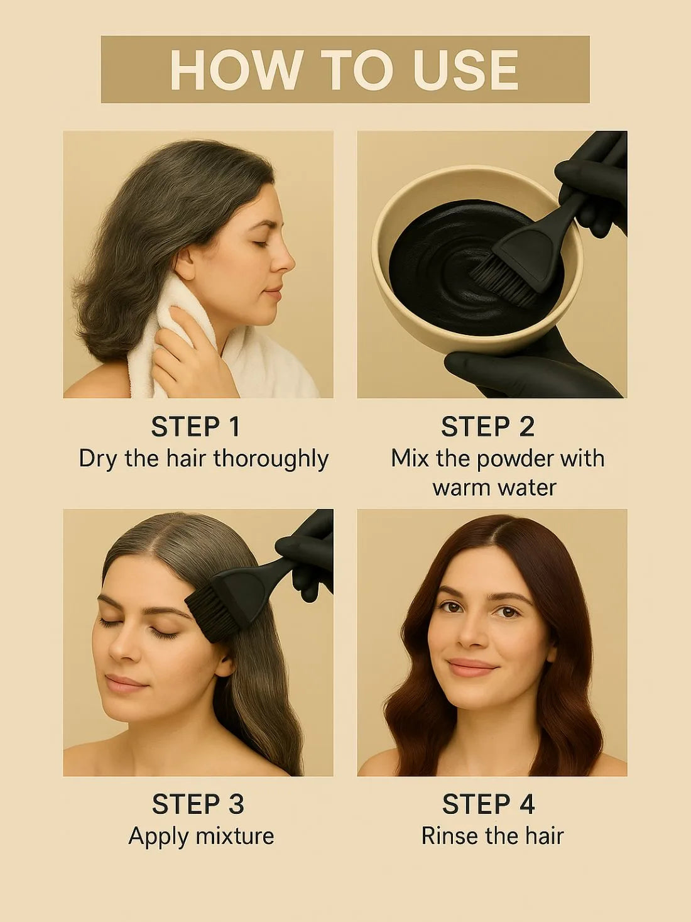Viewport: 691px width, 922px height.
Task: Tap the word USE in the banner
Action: [465, 69]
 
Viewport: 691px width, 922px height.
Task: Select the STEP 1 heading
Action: [195, 427]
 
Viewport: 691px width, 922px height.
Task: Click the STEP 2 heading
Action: [488, 427]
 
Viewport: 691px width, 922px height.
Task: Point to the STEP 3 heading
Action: [198, 805]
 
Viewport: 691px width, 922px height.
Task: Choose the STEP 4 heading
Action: [488, 805]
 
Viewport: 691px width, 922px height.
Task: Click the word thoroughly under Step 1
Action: [271, 459]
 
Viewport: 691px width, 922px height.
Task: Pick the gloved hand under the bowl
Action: [525, 365]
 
